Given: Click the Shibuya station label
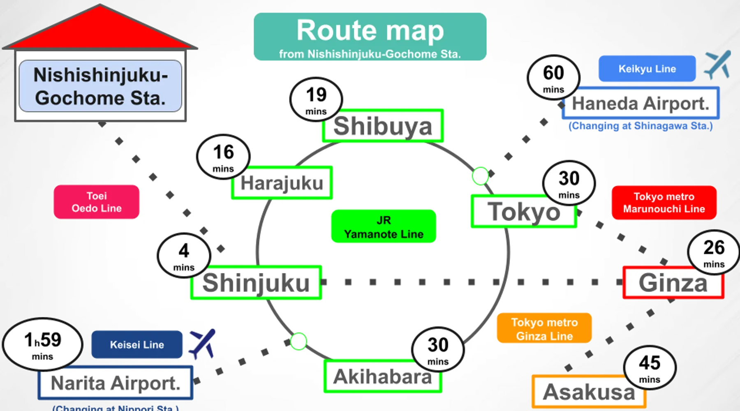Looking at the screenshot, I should [383, 126].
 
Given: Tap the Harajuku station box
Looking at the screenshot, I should [282, 183].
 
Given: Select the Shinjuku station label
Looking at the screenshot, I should [256, 283].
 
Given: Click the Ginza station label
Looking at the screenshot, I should [673, 283].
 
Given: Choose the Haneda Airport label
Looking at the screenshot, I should [641, 103].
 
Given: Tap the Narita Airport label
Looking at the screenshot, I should [116, 383].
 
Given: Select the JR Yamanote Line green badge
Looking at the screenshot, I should [384, 227].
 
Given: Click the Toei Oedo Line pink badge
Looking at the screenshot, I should [97, 202].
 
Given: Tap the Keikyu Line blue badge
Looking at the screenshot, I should [647, 69].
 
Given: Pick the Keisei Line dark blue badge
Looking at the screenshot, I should [137, 344].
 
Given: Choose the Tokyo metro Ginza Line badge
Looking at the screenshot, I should [544, 329].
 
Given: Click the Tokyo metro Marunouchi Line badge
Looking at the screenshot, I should [664, 203].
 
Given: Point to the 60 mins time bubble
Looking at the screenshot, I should [553, 78].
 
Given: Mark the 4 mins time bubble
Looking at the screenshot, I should [184, 256].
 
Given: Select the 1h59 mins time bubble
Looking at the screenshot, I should [43, 344].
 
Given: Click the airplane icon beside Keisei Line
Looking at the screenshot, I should [202, 343].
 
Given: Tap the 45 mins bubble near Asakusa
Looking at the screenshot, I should [650, 367].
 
